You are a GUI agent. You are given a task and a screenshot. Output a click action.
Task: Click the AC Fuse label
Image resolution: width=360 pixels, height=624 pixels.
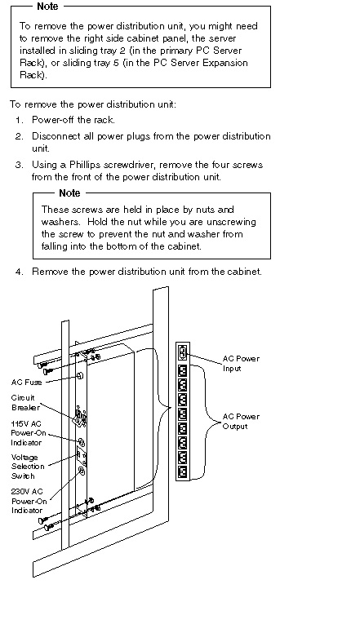[x=26, y=383]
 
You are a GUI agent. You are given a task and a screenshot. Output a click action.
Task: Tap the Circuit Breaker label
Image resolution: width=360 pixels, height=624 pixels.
[x=25, y=402]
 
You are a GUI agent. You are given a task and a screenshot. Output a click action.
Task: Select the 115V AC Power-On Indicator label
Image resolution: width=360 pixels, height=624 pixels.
[x=29, y=433]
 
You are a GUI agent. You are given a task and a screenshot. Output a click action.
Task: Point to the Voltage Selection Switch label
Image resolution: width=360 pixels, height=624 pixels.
[x=28, y=467]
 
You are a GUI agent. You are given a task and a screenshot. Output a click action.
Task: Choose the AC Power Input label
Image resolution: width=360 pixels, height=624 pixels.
[x=241, y=363]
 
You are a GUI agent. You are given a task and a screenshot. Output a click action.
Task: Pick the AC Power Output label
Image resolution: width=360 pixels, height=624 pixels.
[x=241, y=422]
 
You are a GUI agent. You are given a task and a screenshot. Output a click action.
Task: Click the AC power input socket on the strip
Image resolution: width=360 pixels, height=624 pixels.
[x=183, y=353]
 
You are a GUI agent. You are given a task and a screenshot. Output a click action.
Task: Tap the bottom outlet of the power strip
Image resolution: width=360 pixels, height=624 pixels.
[x=183, y=472]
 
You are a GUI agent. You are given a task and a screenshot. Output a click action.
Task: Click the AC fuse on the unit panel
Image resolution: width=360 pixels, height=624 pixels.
[x=80, y=376]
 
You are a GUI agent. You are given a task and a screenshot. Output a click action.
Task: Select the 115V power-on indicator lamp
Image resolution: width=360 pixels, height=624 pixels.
[x=81, y=443]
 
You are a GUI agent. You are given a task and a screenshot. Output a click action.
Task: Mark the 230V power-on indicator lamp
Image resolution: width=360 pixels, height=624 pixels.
[x=82, y=471]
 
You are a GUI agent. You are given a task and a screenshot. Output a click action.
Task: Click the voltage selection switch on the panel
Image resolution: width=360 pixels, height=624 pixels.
[x=81, y=457]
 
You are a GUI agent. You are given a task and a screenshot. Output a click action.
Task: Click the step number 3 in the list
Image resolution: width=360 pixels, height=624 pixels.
[x=19, y=165]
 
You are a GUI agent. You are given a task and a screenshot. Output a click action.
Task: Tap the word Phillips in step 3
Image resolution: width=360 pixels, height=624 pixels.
[x=84, y=165]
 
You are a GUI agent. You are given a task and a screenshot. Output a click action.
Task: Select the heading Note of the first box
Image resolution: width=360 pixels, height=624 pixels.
[x=47, y=6]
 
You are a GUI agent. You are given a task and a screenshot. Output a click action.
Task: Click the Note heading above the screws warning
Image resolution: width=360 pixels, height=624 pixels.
[x=69, y=193]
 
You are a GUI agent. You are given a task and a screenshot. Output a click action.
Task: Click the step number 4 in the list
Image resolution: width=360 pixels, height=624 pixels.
[x=19, y=272]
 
